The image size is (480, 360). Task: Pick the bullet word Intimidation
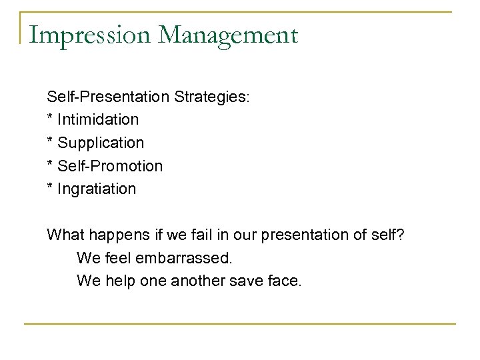(x=98, y=120)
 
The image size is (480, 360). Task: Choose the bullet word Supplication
(x=100, y=143)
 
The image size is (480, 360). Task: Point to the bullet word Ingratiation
(x=97, y=189)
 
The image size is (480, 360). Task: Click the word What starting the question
(x=64, y=235)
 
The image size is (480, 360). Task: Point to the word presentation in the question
(x=301, y=235)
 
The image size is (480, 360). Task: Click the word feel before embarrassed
(x=120, y=258)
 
